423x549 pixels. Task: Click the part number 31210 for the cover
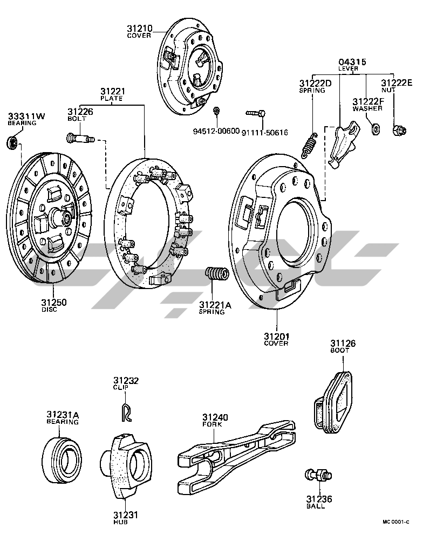140,28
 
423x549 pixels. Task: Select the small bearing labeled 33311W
12,143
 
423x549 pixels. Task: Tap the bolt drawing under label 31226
80,139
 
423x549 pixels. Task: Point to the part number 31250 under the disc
54,303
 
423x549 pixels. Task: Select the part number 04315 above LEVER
352,62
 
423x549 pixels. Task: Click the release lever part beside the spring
343,145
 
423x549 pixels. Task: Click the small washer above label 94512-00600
216,112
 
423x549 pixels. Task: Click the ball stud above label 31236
317,475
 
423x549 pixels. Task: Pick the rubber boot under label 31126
335,401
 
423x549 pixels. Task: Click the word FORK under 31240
214,424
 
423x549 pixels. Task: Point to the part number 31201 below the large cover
276,337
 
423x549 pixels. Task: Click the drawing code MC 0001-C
396,522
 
